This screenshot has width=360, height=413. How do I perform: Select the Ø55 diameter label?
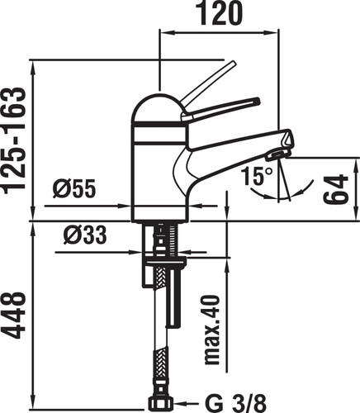(x=74, y=189)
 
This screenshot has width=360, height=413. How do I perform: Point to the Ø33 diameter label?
(x=85, y=235)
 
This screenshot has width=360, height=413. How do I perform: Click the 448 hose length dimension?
(x=14, y=316)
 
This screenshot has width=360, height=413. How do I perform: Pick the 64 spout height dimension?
(x=335, y=189)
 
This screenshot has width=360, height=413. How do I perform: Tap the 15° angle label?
(x=257, y=176)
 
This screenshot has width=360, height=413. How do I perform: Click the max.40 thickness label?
(x=212, y=330)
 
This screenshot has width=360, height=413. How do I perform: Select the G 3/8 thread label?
(x=235, y=404)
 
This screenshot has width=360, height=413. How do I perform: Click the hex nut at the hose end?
(x=161, y=404)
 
